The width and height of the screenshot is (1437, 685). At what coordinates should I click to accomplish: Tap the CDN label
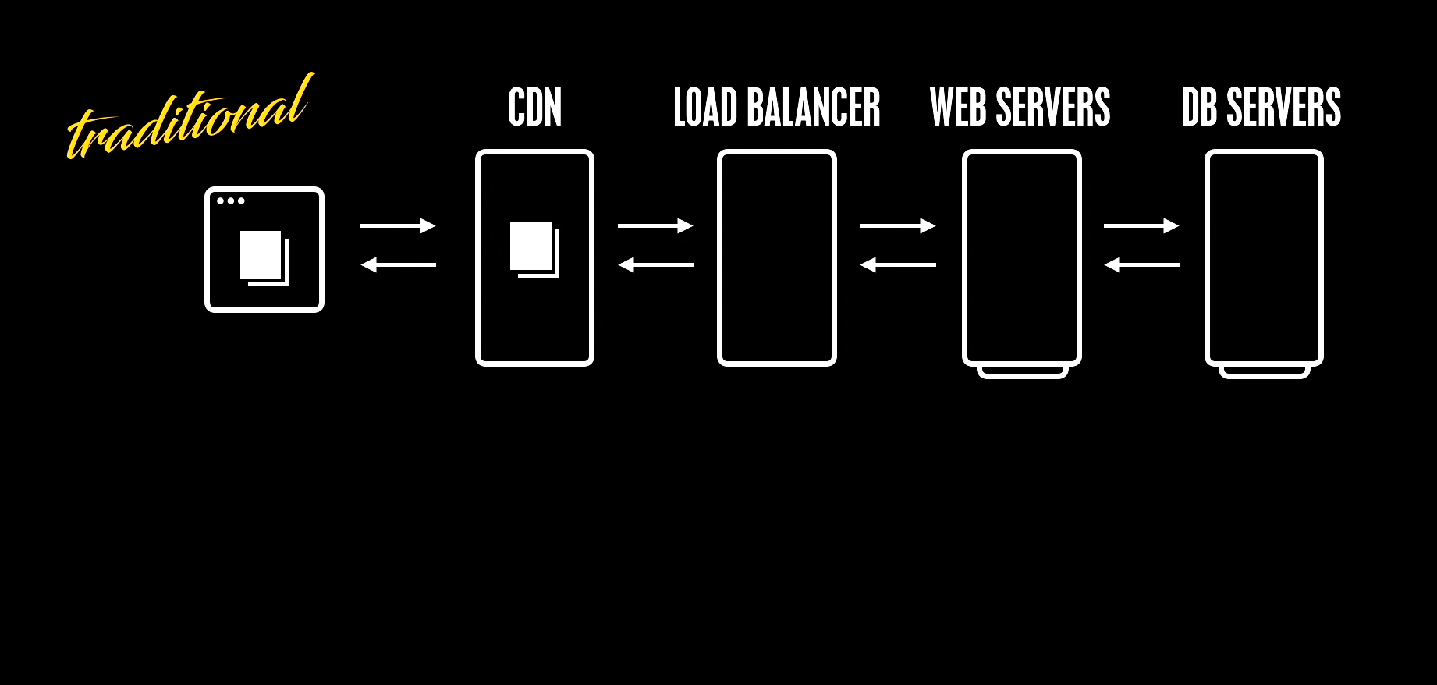click(x=534, y=108)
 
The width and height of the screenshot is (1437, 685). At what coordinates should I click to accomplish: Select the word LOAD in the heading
click(x=705, y=108)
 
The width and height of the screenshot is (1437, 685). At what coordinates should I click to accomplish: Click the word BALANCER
click(x=814, y=108)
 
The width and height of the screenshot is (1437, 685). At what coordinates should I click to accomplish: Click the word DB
click(x=1199, y=108)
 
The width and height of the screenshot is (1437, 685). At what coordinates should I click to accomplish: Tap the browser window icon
click(x=264, y=250)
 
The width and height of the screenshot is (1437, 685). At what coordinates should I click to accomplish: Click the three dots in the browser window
click(x=231, y=201)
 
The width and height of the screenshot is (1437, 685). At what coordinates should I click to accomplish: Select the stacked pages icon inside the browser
click(x=264, y=257)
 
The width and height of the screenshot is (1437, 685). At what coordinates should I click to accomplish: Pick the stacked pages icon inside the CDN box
click(x=534, y=250)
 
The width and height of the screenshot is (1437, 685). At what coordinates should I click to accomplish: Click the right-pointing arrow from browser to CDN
click(x=398, y=226)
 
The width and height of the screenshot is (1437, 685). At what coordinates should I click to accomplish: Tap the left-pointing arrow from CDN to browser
click(x=398, y=265)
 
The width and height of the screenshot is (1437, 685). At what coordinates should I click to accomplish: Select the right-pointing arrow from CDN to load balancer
click(x=655, y=226)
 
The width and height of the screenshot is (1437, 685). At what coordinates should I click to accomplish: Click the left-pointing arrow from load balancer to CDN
click(x=655, y=265)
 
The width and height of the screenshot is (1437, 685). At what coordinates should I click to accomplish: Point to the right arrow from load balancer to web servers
click(x=897, y=226)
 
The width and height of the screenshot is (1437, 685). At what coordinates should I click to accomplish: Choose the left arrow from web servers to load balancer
click(x=897, y=265)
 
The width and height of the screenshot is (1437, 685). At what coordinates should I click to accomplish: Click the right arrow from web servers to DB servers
click(x=1141, y=226)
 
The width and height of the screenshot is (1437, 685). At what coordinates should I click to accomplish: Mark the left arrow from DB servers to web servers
click(x=1141, y=265)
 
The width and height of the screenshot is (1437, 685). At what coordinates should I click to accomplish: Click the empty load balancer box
click(x=777, y=257)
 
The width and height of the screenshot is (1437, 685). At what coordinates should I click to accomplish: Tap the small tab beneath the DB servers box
click(x=1264, y=373)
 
